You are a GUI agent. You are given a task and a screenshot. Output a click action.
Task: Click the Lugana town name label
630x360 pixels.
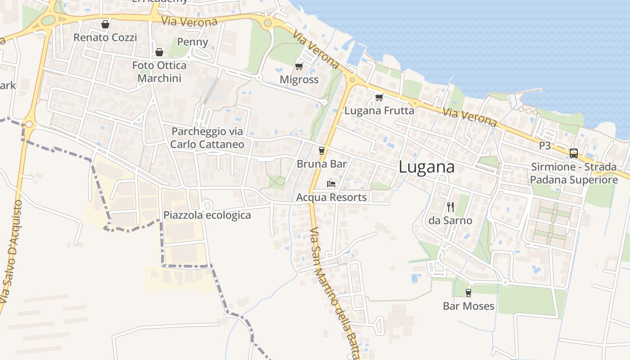(x=426, y=167)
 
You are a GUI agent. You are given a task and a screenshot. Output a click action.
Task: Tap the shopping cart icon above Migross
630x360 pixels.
(x=299, y=67)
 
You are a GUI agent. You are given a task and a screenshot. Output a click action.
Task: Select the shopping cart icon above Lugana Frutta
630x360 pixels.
(x=379, y=97)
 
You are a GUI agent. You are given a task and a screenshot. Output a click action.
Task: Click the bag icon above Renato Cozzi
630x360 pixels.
(x=105, y=24)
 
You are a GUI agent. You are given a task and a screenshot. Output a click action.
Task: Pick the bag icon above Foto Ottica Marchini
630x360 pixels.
(x=159, y=52)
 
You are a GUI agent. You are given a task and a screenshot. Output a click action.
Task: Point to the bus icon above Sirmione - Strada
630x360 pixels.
(x=573, y=153)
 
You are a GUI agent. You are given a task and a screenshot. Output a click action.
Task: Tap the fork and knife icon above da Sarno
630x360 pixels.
(x=450, y=207)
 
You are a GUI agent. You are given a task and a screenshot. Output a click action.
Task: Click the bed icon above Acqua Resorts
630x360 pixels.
(x=331, y=184)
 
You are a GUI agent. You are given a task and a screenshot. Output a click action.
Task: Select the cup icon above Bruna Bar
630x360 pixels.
(x=321, y=150)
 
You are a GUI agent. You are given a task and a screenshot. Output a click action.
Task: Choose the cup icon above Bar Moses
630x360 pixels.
(x=468, y=292)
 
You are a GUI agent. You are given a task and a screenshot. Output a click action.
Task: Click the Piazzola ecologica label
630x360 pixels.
(x=207, y=215)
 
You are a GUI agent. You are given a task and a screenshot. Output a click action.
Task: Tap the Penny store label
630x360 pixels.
(x=193, y=42)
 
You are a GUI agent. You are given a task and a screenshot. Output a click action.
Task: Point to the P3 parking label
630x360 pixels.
(x=544, y=146)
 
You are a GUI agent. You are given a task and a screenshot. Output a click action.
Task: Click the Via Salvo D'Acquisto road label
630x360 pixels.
(x=11, y=252)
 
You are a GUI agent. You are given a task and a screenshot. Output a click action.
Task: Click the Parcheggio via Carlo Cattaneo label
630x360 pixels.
(x=207, y=138)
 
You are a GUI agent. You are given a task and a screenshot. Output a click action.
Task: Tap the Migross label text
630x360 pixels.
(x=299, y=80)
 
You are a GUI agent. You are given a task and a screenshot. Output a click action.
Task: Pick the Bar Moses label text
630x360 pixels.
(x=468, y=306)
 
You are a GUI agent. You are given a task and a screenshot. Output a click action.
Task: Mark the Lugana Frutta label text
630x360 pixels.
(x=379, y=110)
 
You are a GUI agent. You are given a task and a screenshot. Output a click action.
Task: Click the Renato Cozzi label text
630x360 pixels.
(x=105, y=37)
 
